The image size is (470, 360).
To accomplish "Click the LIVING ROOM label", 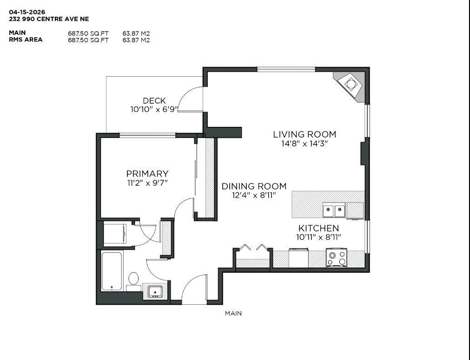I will coord(304,135).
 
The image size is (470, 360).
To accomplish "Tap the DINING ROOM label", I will coord(254,186).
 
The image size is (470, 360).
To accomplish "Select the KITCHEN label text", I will coord(318,229).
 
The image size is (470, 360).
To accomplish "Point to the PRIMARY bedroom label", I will coord(147,174).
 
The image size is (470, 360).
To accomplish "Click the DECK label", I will coord(154,101).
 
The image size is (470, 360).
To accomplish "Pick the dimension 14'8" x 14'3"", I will coord(304,144).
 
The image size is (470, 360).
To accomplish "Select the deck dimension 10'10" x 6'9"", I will coord(154,110).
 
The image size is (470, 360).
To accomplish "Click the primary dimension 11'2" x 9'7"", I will coord(147,183).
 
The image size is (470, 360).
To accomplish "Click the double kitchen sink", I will coord(335,211).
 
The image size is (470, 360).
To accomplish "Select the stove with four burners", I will coord(336,259).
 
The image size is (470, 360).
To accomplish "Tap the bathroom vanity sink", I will coord(155,291).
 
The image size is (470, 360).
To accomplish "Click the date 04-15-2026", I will coord(27,12).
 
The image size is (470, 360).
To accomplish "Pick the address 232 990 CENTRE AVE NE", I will coord(49,19).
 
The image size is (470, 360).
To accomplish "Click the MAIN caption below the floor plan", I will coord(233,314).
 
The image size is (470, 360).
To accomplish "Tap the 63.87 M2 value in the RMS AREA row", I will coord(136,40).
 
